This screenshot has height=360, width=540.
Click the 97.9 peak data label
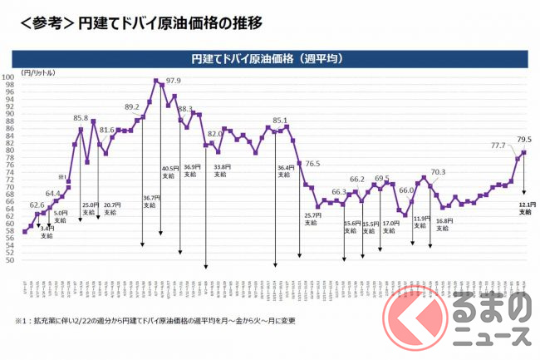pyautogui.click(x=174, y=81)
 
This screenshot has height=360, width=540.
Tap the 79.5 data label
pyautogui.click(x=524, y=139)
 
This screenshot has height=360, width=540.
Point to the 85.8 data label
pyautogui.click(x=81, y=119)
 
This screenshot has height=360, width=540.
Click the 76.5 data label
pyautogui.click(x=313, y=164)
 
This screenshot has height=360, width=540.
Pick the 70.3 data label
pyautogui.click(x=438, y=172)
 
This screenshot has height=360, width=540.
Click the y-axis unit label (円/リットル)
pyautogui.click(x=34, y=72)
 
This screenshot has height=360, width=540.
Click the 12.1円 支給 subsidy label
pyautogui.click(x=524, y=208)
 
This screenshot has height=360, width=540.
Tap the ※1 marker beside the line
pyautogui.click(x=61, y=177)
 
